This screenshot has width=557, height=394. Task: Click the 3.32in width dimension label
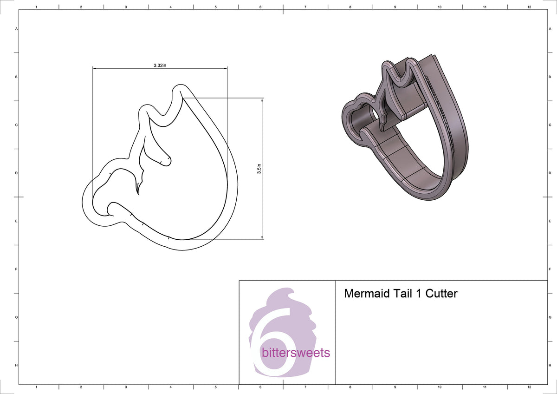pyautogui.click(x=160, y=66)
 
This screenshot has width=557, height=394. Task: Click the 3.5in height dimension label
pyautogui.click(x=259, y=168)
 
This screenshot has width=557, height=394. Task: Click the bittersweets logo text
pyautogui.click(x=296, y=353)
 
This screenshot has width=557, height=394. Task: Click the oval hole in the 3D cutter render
pyautogui.click(x=373, y=113)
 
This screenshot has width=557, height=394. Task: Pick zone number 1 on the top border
pyautogui.click(x=36, y=7)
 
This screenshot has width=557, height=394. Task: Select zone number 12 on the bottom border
pyautogui.click(x=529, y=387)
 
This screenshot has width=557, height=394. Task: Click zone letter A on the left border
pyautogui.click(x=17, y=29)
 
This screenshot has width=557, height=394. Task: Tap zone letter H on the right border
pyautogui.click(x=550, y=365)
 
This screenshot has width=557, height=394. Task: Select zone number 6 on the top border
pyautogui.click(x=260, y=7)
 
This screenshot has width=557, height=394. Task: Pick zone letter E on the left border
pyautogui.click(x=17, y=221)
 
